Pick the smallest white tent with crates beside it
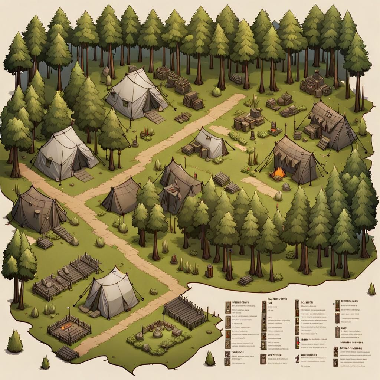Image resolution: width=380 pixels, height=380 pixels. pyautogui.click(x=210, y=144)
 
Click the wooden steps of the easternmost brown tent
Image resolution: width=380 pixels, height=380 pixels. pyautogui.click(x=323, y=142)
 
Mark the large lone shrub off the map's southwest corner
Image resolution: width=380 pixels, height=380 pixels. pyautogui.click(x=15, y=341)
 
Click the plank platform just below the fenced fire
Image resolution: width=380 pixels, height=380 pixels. pyautogui.click(x=67, y=353)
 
